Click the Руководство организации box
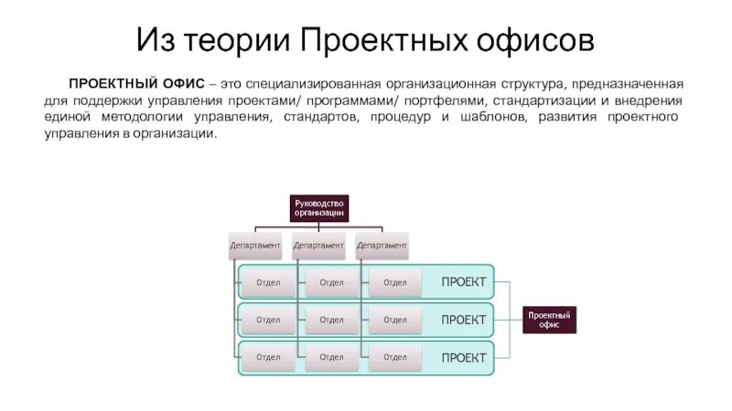pyautogui.click(x=319, y=207)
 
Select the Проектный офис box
pyautogui.click(x=549, y=320)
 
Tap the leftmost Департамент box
pyautogui.click(x=255, y=246)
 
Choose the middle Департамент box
pyautogui.click(x=318, y=246)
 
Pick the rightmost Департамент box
pyautogui.click(x=382, y=246)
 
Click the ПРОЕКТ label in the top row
pyautogui.click(x=464, y=281)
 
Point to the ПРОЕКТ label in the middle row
pyautogui.click(x=464, y=320)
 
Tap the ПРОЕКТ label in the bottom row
pyautogui.click(x=464, y=357)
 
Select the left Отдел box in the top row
pyautogui.click(x=268, y=282)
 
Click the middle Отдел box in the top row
pyautogui.click(x=331, y=282)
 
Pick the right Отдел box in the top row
pyautogui.click(x=394, y=282)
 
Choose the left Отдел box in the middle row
pyautogui.click(x=268, y=320)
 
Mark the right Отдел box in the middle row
pyautogui.click(x=394, y=320)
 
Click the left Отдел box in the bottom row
pyautogui.click(x=268, y=357)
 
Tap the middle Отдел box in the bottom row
pyautogui.click(x=331, y=357)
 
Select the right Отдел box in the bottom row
pyautogui.click(x=394, y=357)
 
